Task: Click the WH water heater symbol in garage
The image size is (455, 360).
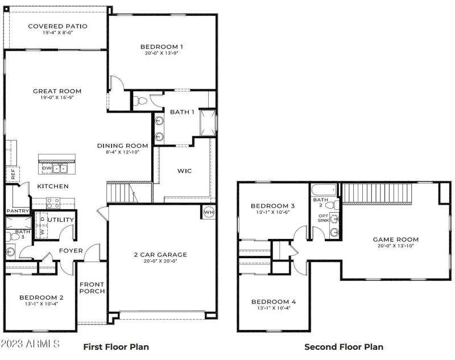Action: (208, 212)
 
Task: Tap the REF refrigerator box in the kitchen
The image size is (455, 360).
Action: (11, 174)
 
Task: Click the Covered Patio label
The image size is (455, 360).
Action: (57, 26)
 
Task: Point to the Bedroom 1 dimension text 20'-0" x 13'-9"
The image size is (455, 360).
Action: (162, 54)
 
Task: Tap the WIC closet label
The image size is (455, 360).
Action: (184, 170)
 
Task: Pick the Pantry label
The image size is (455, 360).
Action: (17, 211)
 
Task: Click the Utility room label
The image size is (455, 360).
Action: (61, 220)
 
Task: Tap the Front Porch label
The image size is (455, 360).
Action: (92, 288)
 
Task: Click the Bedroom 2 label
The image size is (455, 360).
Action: (41, 297)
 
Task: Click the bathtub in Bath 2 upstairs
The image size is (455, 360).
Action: (324, 190)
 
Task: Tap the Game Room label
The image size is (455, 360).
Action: (395, 239)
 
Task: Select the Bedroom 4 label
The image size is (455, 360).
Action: (273, 301)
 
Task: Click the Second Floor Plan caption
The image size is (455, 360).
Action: (344, 346)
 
